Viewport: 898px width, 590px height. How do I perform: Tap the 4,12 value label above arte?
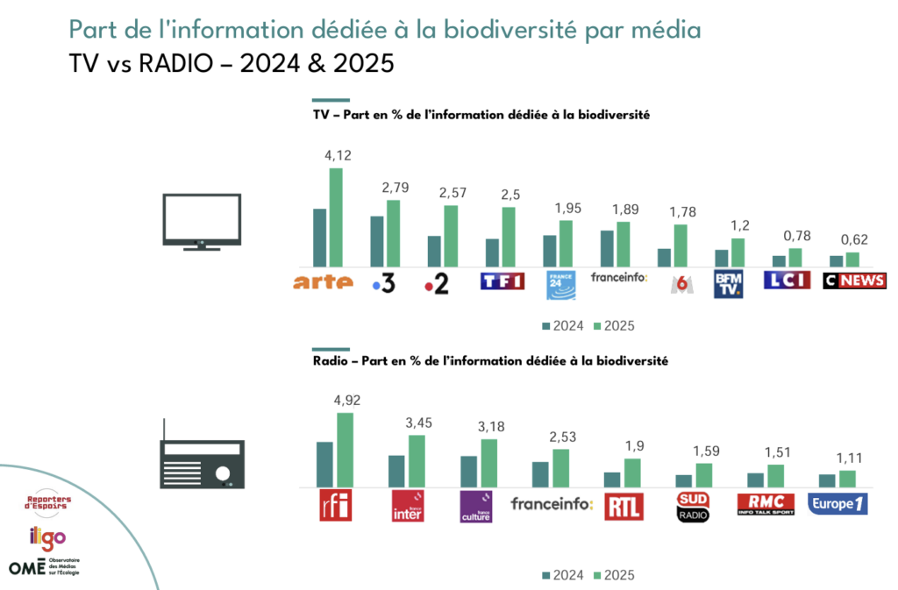tap(338, 156)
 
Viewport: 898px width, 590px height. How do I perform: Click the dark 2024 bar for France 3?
tap(376, 241)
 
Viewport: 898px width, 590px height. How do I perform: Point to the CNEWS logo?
tap(854, 281)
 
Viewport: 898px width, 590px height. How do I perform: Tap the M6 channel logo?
tap(677, 283)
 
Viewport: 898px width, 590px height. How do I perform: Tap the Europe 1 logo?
tap(839, 504)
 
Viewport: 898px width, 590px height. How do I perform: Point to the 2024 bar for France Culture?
tap(469, 471)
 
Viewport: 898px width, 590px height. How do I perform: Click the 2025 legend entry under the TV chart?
tap(613, 325)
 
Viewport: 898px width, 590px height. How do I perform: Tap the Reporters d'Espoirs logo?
tap(50, 502)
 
